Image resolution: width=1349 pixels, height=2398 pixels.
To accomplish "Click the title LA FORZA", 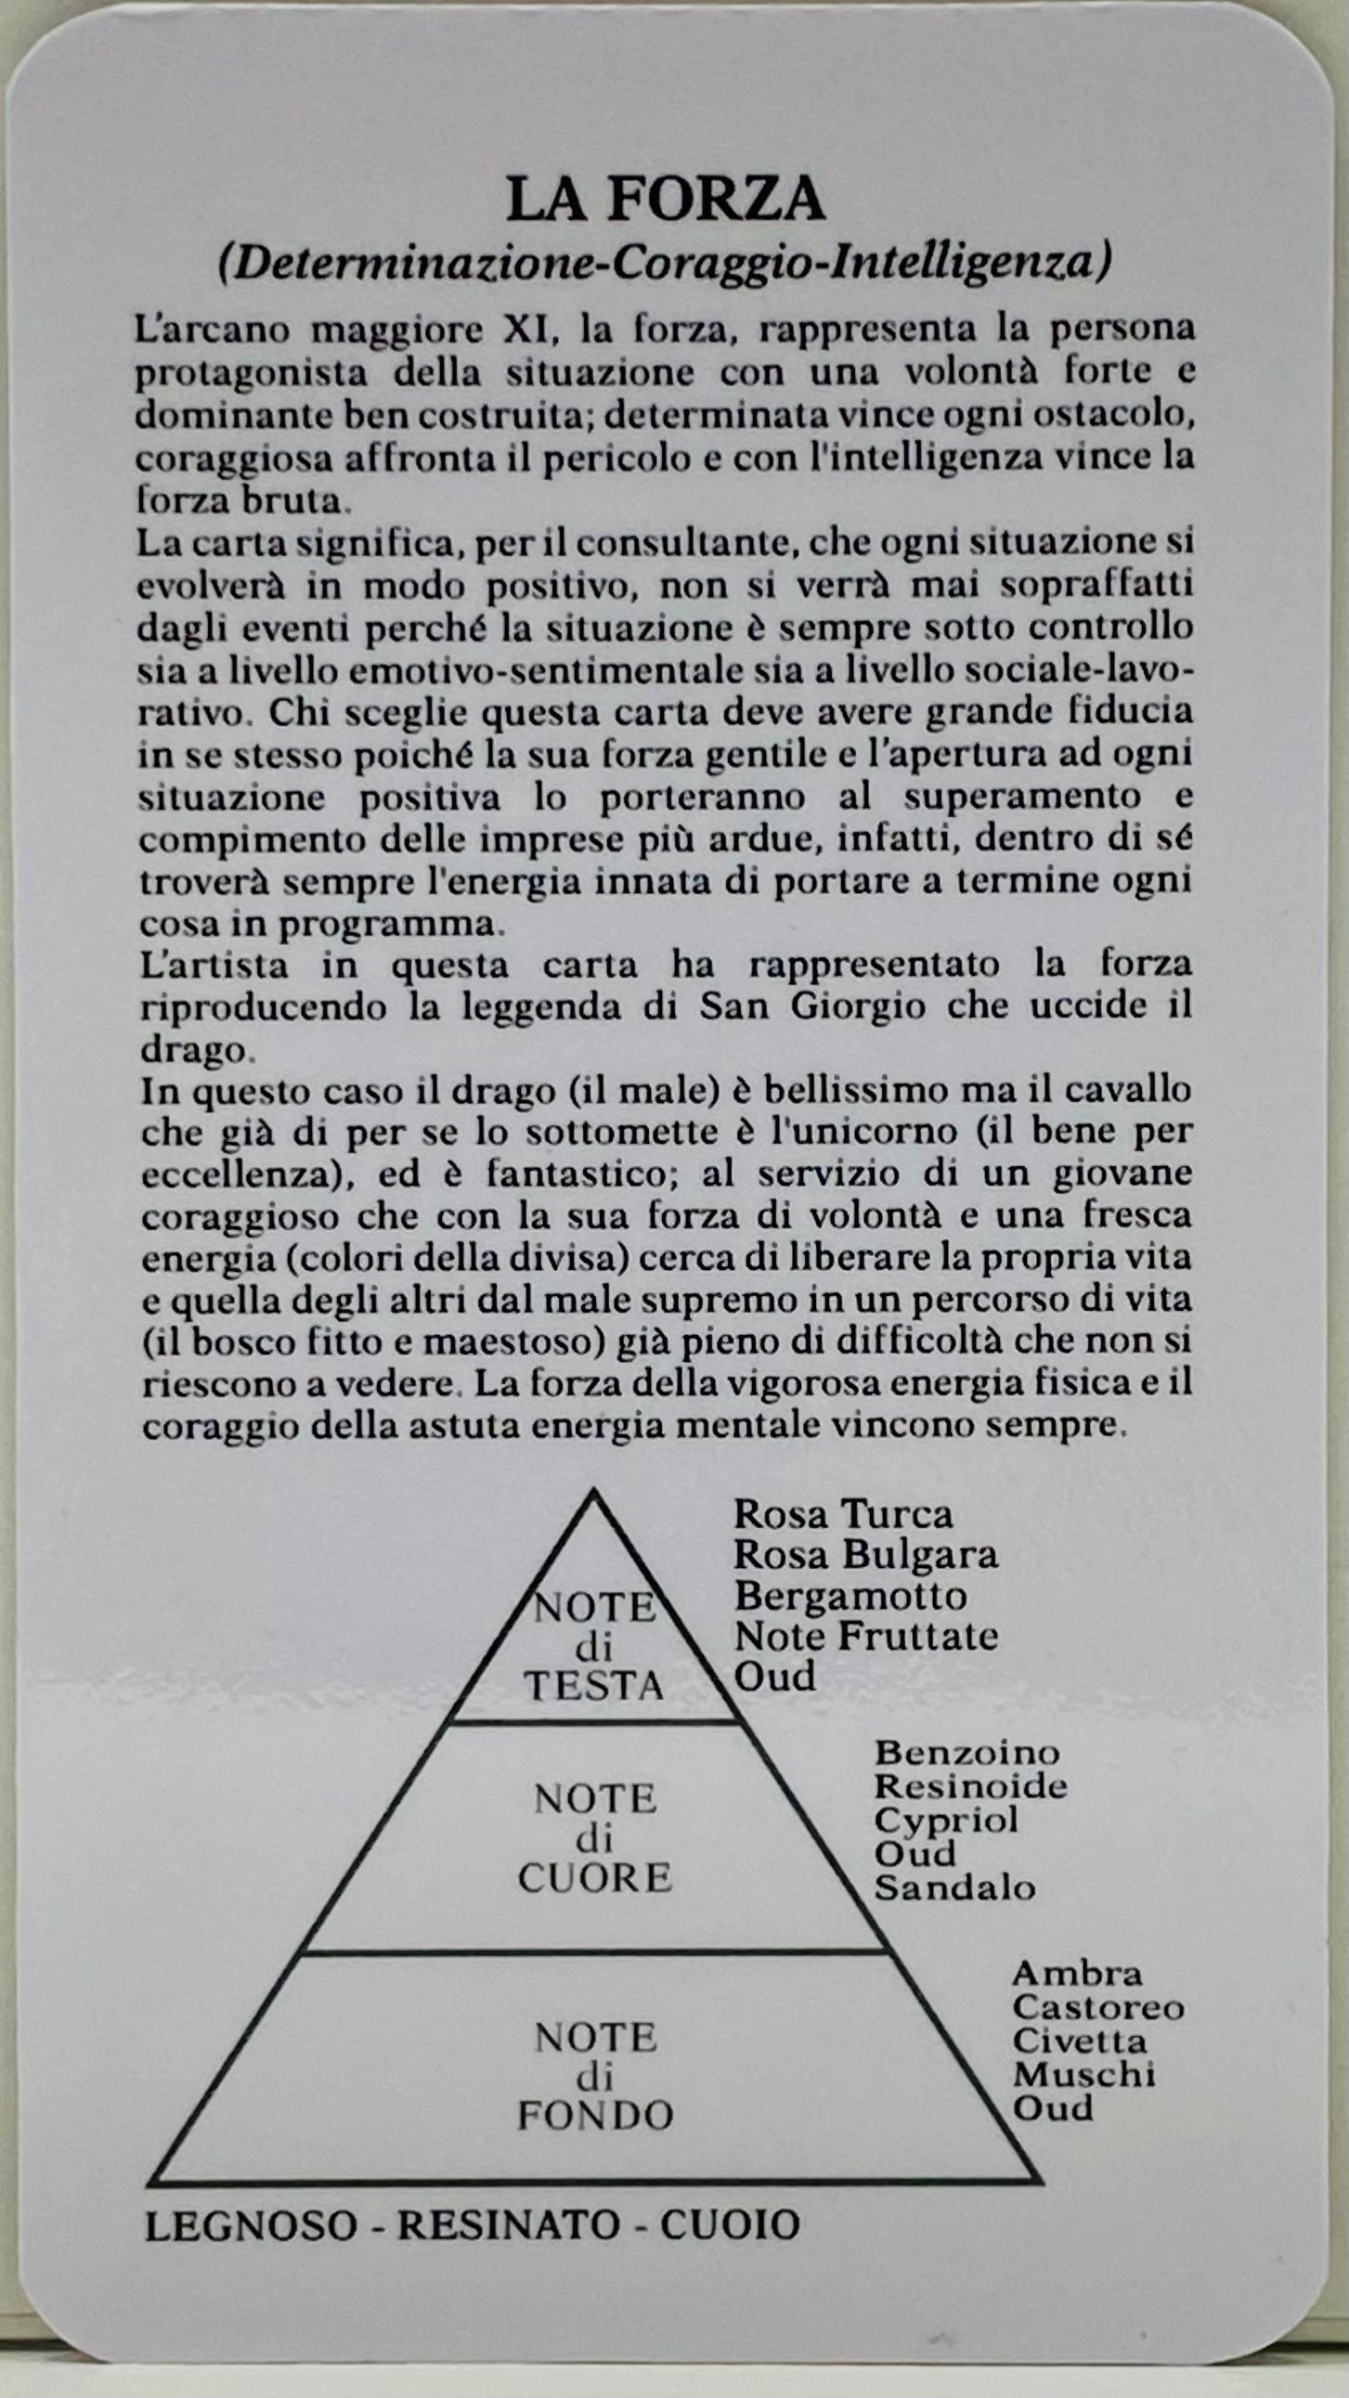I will click(666, 200).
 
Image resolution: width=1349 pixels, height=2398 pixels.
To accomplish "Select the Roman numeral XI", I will click(526, 330).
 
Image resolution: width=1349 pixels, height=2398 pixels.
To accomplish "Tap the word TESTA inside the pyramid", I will click(593, 1686).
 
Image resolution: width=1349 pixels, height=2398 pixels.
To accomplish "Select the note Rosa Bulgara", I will click(866, 1555).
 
